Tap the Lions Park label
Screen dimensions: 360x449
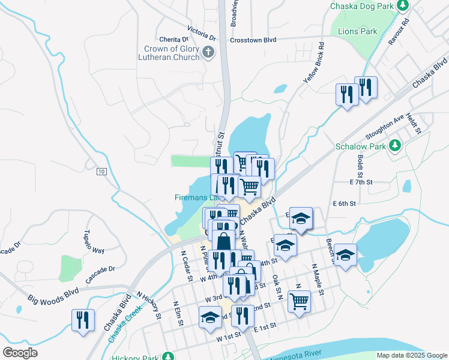point(357,31)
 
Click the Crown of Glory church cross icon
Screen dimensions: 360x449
point(208,52)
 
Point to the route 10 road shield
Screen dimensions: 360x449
point(101,172)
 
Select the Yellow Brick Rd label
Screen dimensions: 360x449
point(313,62)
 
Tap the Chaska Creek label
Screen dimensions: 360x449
point(124,322)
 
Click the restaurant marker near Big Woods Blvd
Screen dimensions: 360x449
point(83,319)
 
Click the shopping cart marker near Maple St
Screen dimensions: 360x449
point(299,301)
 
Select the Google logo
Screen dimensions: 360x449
point(20,352)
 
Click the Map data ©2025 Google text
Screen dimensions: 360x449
point(411,355)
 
